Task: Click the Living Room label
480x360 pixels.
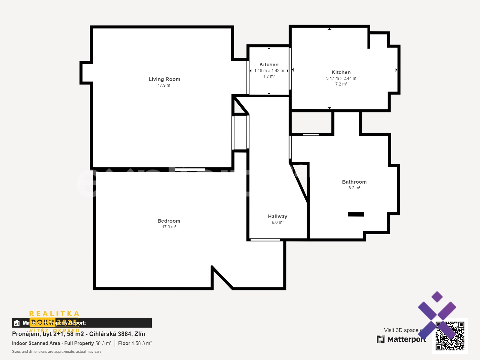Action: pyautogui.click(x=164, y=79)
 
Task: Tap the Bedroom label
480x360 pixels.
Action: pyautogui.click(x=169, y=221)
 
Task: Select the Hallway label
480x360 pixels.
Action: pyautogui.click(x=277, y=216)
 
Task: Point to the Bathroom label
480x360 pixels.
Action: pyautogui.click(x=354, y=182)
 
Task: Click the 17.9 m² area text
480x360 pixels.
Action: pyautogui.click(x=164, y=85)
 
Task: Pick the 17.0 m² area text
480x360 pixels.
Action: pyautogui.click(x=169, y=227)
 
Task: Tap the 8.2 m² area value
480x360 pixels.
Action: pyautogui.click(x=354, y=188)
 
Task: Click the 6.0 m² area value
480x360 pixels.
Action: pyautogui.click(x=277, y=223)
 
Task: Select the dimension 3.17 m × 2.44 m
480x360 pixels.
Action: pyautogui.click(x=341, y=79)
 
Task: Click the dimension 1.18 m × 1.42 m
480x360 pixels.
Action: pyautogui.click(x=269, y=71)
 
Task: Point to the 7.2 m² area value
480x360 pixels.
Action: pyautogui.click(x=341, y=84)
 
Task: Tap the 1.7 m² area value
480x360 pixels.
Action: pyautogui.click(x=269, y=76)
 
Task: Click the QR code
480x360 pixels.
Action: pyautogui.click(x=450, y=336)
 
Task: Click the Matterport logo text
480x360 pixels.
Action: pyautogui.click(x=406, y=339)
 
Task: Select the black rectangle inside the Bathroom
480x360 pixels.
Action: pyautogui.click(x=356, y=214)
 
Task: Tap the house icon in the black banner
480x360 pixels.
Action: pyautogui.click(x=17, y=323)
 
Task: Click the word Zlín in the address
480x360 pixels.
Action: pyautogui.click(x=140, y=334)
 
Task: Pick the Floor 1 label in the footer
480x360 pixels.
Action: pyautogui.click(x=126, y=343)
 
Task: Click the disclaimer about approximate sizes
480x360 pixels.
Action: pyautogui.click(x=56, y=352)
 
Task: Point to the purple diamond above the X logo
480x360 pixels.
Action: pyautogui.click(x=437, y=297)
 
